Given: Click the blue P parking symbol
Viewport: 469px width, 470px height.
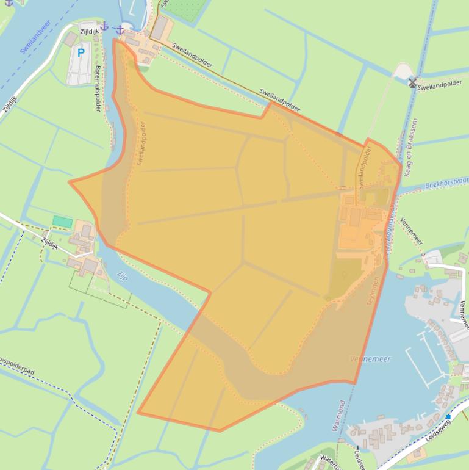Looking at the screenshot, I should coord(81,53).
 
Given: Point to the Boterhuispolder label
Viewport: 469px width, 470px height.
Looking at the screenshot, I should coord(98,89).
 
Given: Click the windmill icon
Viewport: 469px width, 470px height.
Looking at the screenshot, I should coord(412,82).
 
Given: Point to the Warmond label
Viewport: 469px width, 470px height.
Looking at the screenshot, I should coord(339,416).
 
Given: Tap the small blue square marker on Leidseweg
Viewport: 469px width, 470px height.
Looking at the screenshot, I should coord(448,417).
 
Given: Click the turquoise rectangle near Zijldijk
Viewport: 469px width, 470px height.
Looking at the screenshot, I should coord(62,221).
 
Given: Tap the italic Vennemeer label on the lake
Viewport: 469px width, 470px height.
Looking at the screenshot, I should coord(370,359).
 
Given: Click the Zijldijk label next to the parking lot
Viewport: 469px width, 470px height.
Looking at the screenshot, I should coord(89,31).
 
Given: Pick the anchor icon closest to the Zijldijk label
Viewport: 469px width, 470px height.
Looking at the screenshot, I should coord(104,26).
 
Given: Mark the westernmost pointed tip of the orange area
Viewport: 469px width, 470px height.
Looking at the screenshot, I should coord(70,182).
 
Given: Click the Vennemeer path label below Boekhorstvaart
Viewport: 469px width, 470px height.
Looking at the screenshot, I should coord(411,231).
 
